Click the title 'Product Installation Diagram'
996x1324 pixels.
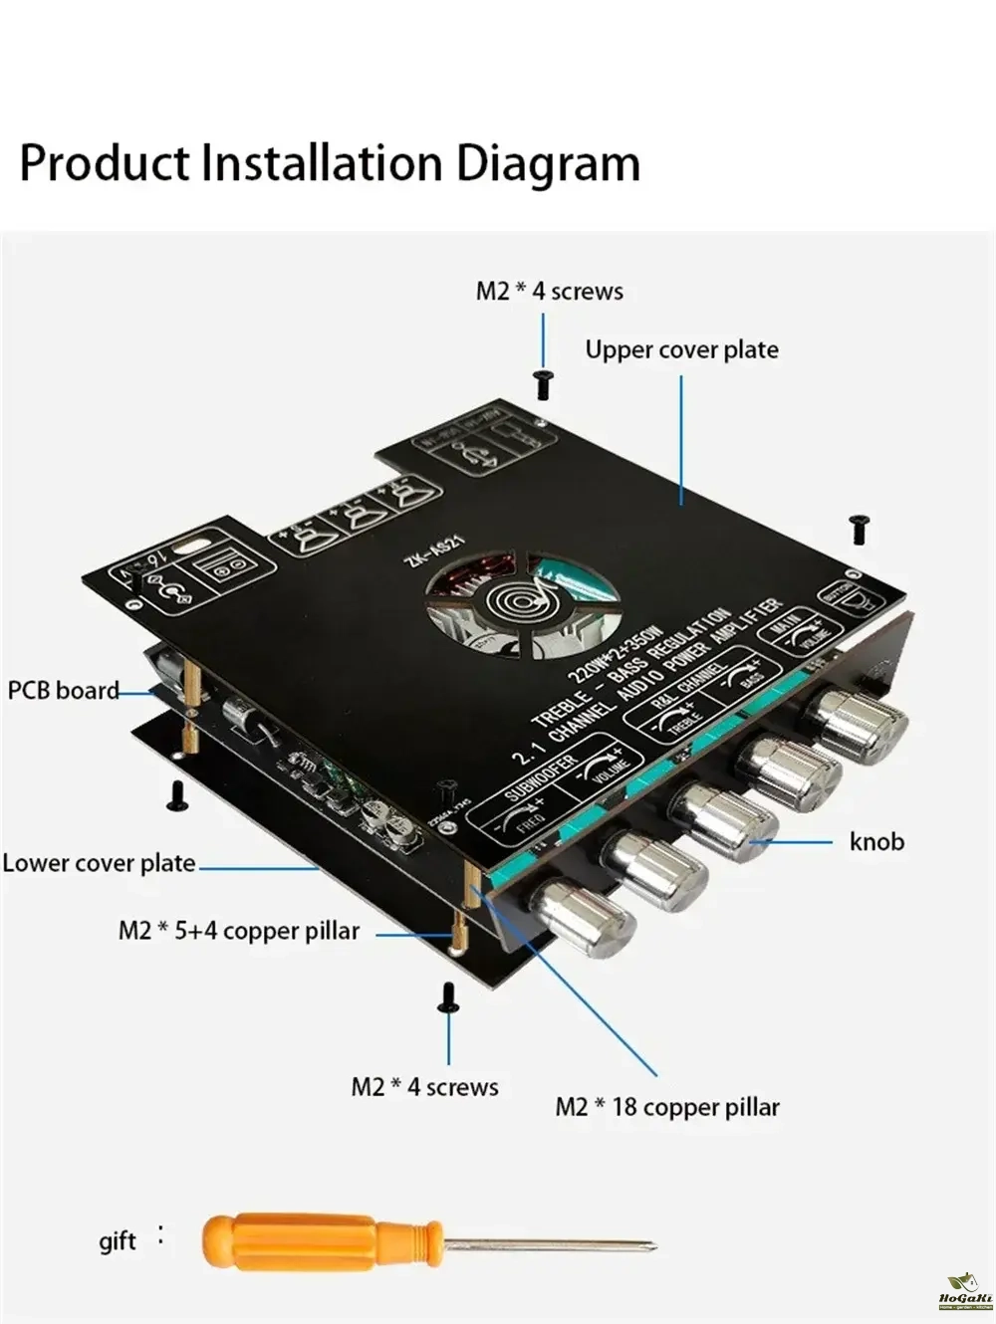pos(330,164)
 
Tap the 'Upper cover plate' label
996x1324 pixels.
pos(681,350)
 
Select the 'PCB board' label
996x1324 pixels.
pos(63,691)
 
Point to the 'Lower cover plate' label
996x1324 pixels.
pos(99,863)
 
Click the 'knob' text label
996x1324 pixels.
pos(876,842)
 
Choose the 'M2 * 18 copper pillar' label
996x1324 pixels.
pos(666,1107)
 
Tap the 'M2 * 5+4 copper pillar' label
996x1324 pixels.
pos(238,932)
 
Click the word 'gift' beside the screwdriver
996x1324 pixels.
pos(118,1241)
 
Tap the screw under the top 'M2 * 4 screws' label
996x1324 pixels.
pos(543,384)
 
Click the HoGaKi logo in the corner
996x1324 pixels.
pos(963,1291)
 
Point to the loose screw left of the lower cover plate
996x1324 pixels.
pos(178,793)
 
